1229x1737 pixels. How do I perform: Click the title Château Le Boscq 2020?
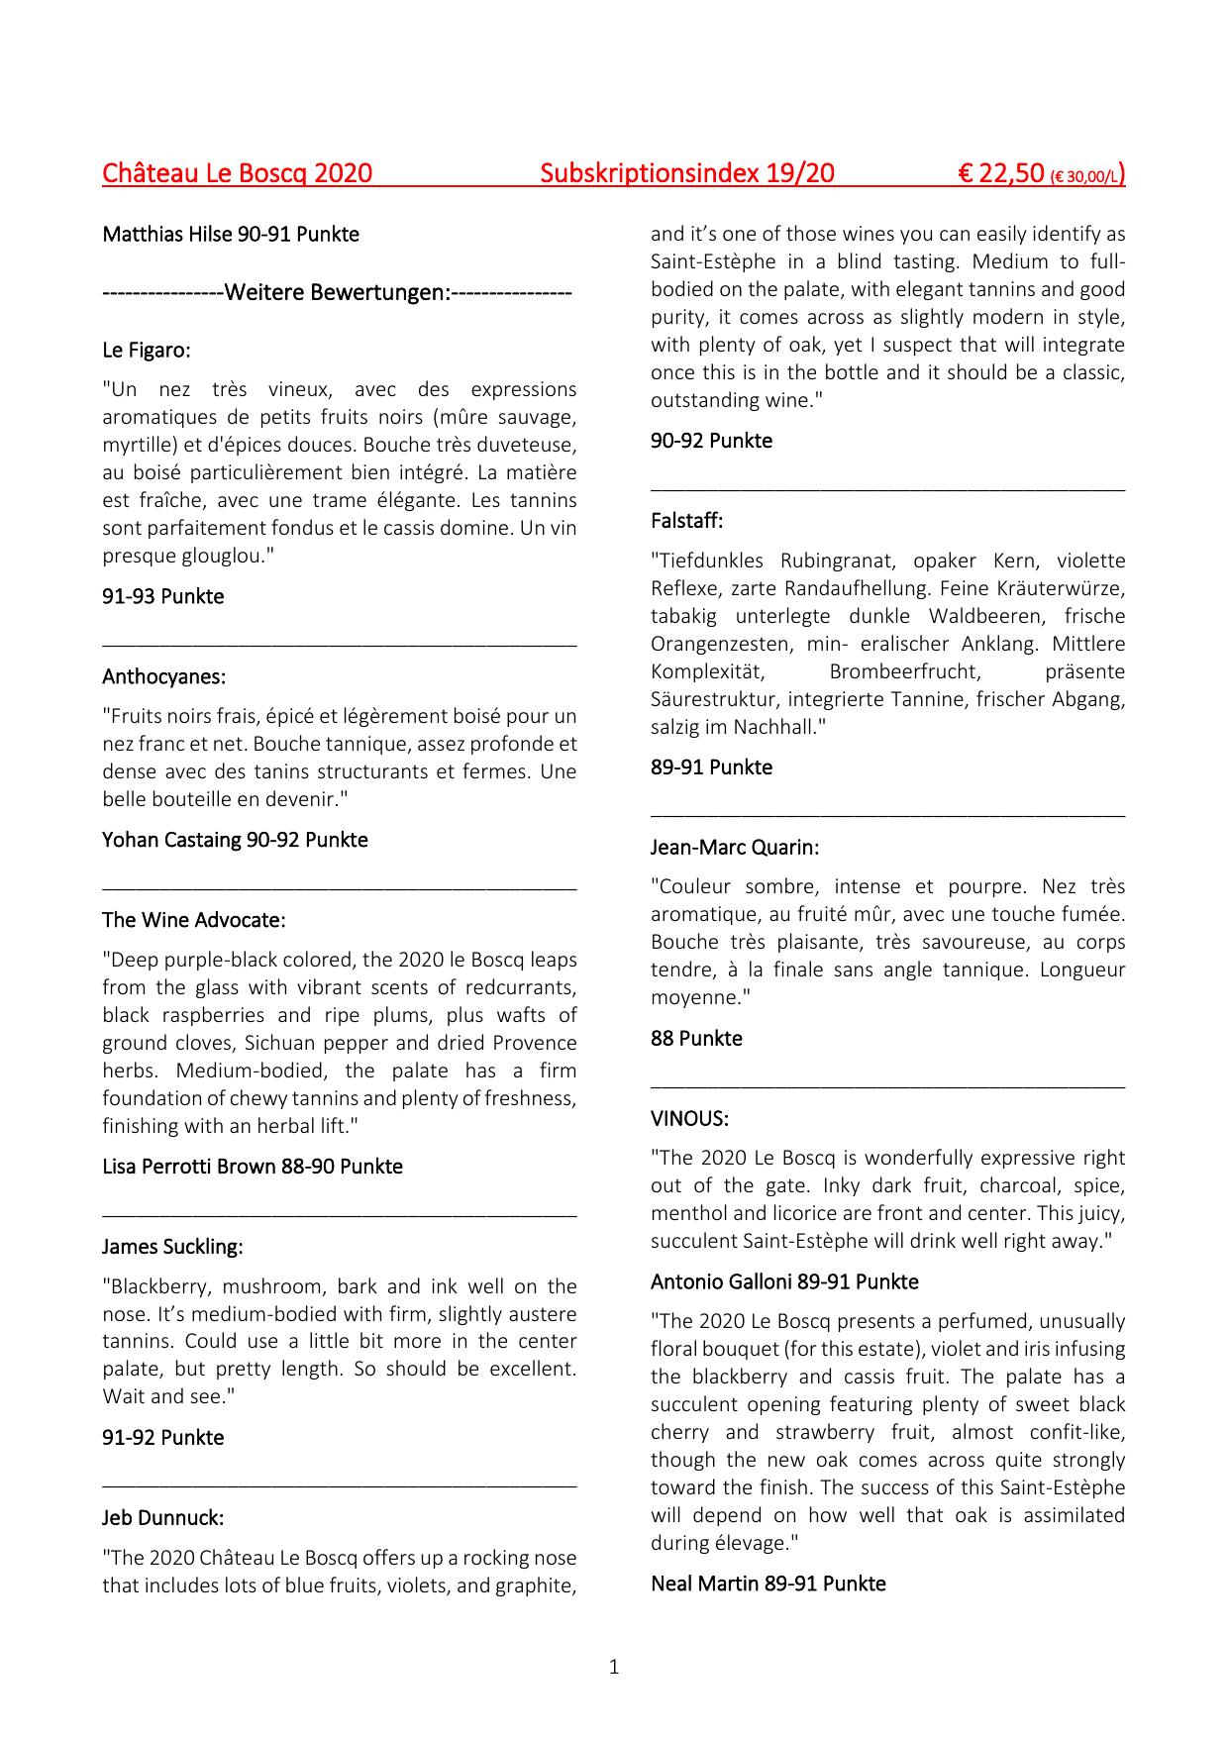coord(237,174)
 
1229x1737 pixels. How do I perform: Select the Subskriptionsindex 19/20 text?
coord(687,174)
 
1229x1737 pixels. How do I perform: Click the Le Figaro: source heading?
coord(147,351)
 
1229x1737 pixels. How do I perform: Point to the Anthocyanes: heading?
coord(163,677)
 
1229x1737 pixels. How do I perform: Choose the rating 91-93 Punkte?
coord(162,597)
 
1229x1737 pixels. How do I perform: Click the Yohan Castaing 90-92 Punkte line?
coord(235,840)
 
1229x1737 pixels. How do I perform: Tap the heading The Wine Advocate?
coord(193,920)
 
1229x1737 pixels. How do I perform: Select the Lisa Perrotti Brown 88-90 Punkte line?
coord(252,1167)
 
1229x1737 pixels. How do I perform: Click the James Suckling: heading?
coord(172,1247)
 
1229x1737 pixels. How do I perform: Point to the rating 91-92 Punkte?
coord(162,1438)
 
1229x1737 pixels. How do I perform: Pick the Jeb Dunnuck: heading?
coord(162,1518)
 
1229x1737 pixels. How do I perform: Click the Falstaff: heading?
coord(686,521)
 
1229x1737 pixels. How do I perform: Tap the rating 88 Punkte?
coord(696,1039)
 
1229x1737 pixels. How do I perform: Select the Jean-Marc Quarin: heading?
coord(735,848)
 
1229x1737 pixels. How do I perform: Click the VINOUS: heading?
coord(689,1119)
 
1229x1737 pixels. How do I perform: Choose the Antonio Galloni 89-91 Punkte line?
coord(784,1282)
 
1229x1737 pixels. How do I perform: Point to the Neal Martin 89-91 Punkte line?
coord(768,1584)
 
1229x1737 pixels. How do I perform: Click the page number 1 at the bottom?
coord(614,1668)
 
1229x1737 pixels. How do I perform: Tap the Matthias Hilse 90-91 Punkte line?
coord(231,235)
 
